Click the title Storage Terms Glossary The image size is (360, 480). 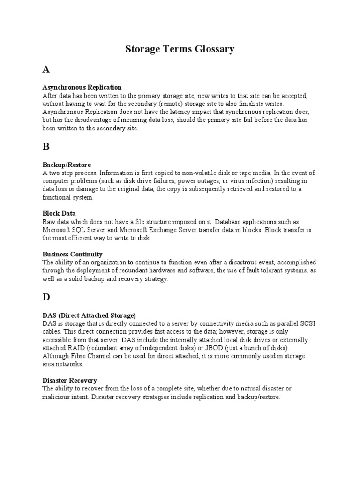pos(180,49)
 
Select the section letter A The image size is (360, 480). pos(46,70)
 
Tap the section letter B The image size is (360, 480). pos(46,146)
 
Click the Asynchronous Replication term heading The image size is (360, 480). pos(82,87)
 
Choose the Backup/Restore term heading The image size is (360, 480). pos(67,165)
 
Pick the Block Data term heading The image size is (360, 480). pos(59,213)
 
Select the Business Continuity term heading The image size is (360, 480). pos(72,254)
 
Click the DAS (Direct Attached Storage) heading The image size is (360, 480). pos(89,315)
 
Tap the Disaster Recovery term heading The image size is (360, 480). pos(70,381)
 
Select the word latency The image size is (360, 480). pos(193,112)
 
